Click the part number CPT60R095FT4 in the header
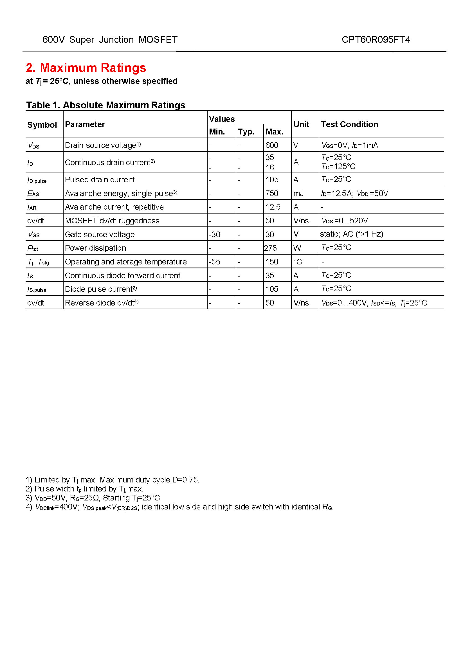pyautogui.click(x=376, y=40)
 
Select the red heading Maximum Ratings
pyautogui.click(x=86, y=68)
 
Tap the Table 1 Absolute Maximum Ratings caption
pyautogui.click(x=106, y=105)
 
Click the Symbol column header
pyautogui.click(x=42, y=125)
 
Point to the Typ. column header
pyautogui.click(x=246, y=132)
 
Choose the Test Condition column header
pyautogui.click(x=349, y=124)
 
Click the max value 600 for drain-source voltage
pyautogui.click(x=272, y=145)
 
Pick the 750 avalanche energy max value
pyautogui.click(x=272, y=194)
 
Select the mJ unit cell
pyautogui.click(x=298, y=194)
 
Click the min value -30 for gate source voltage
pyautogui.click(x=215, y=234)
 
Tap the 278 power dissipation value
pyautogui.click(x=270, y=248)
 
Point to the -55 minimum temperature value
pyautogui.click(x=215, y=262)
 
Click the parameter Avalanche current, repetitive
pyautogui.click(x=114, y=207)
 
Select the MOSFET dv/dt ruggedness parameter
pyautogui.click(x=112, y=221)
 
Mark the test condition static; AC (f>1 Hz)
pyautogui.click(x=352, y=234)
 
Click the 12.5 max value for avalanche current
pyautogui.click(x=273, y=207)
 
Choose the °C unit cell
pyautogui.click(x=298, y=262)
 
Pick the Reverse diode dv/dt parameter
pyautogui.click(x=102, y=303)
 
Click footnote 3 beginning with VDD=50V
pyautogui.click(x=94, y=498)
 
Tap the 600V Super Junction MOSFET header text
pyautogui.click(x=110, y=40)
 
